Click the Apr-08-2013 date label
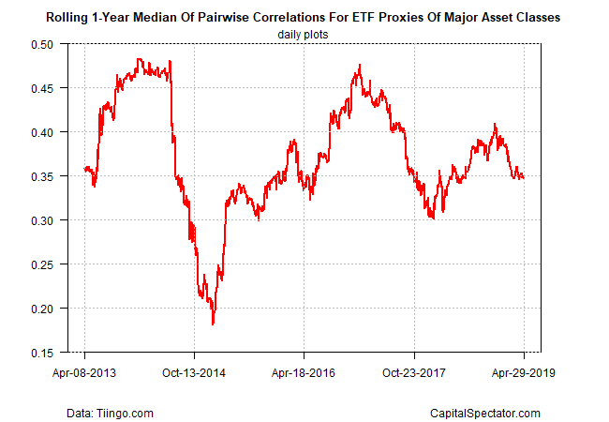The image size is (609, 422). point(84,372)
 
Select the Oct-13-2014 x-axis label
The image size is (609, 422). point(194,372)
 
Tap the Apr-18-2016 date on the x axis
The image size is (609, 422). point(304,372)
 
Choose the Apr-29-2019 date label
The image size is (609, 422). point(523,372)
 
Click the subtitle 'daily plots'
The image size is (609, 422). point(304,35)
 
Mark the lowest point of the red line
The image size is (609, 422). point(213,324)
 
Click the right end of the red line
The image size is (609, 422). point(523,177)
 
